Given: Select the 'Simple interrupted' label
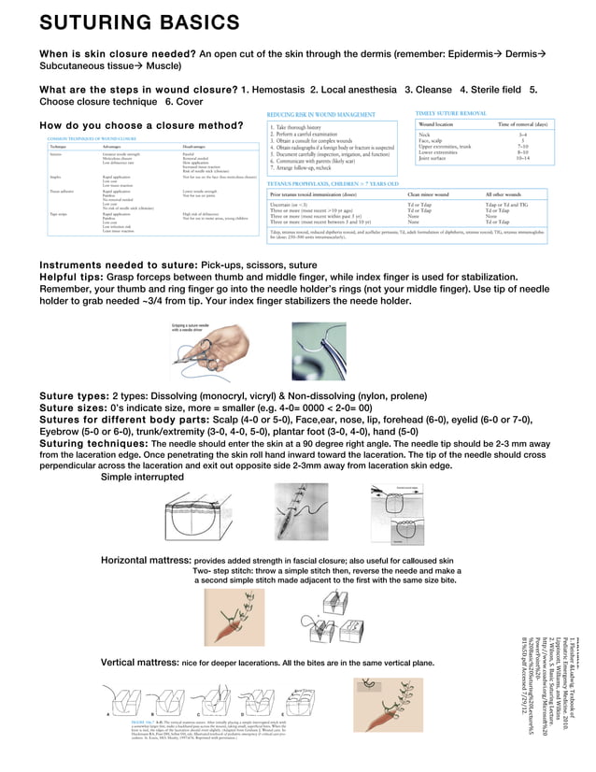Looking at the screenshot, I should (x=142, y=477).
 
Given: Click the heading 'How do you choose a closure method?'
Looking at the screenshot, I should (x=140, y=125).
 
